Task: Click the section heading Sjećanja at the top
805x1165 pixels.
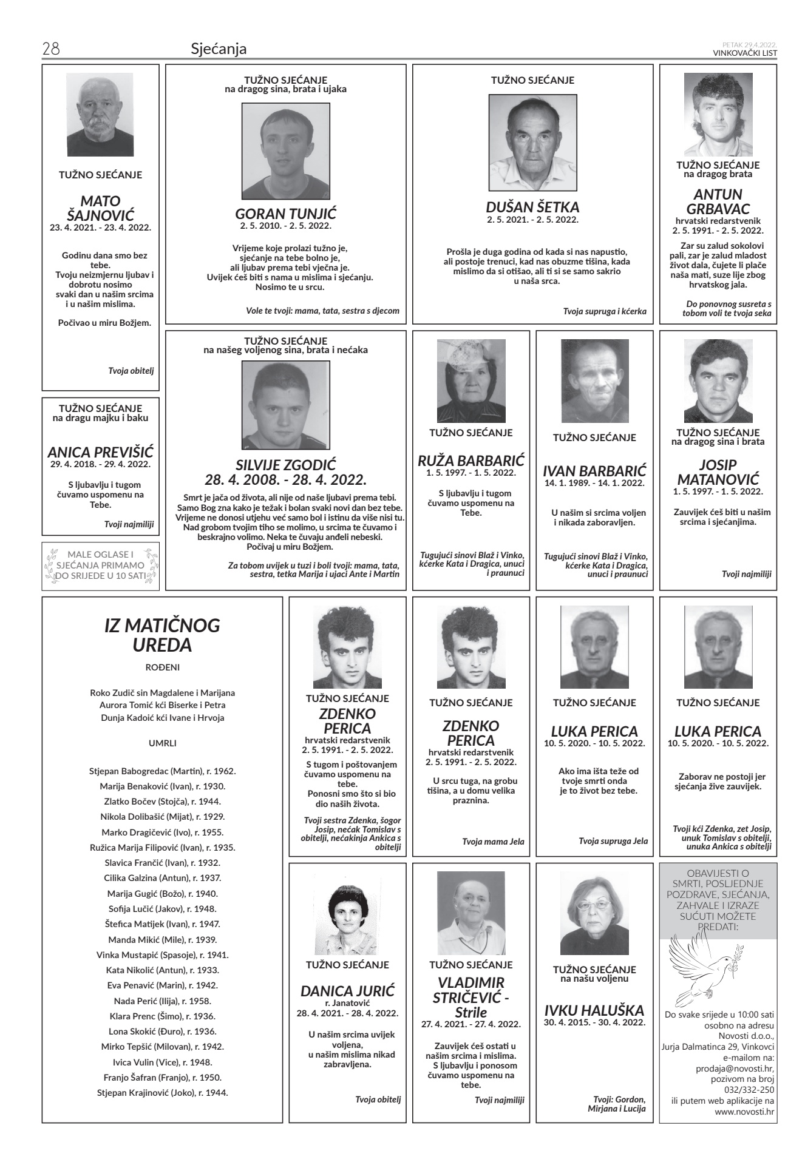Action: (219, 49)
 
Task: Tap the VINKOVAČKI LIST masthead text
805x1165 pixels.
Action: (744, 53)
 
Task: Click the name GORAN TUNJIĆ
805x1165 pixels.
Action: (285, 214)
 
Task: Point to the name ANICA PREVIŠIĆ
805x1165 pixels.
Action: (101, 452)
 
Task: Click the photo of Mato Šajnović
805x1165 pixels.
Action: (100, 115)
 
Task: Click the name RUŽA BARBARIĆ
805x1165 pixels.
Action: (471, 460)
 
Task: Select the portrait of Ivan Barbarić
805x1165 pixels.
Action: (594, 380)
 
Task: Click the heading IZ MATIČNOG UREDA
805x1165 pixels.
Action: (162, 635)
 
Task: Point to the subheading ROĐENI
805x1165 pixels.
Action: (162, 667)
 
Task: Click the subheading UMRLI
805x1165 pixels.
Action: (162, 743)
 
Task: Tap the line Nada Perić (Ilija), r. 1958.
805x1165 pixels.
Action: (162, 1001)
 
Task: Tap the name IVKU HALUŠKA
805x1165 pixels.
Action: (594, 1010)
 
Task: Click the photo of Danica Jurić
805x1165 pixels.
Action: (347, 917)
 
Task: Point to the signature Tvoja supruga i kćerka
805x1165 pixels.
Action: (604, 311)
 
